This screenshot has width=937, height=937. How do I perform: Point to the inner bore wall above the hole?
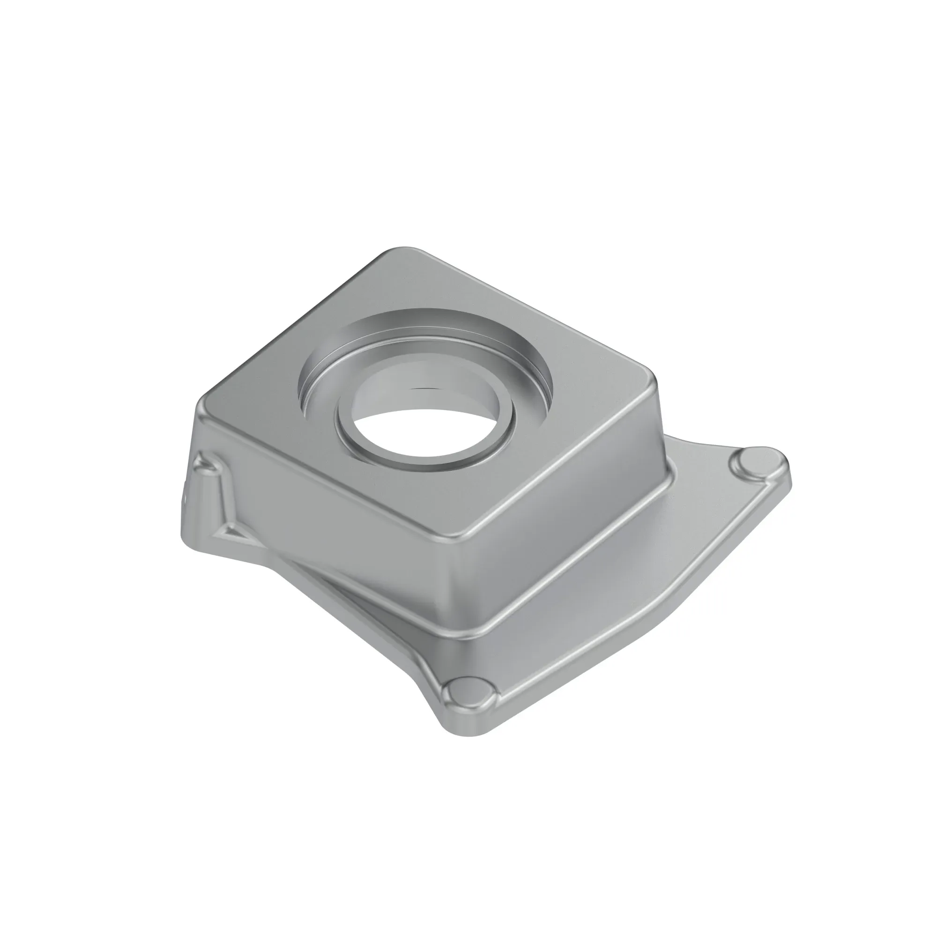pyautogui.click(x=427, y=383)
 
